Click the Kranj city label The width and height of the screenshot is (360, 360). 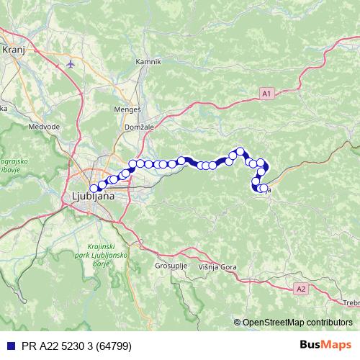coord(14,50)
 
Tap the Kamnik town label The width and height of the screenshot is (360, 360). coord(148,62)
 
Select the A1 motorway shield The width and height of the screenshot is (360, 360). coord(267,93)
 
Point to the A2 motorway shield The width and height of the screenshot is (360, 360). coord(301,288)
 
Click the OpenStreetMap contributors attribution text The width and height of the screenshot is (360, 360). coord(297,323)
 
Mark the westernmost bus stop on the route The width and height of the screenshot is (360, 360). coord(94,189)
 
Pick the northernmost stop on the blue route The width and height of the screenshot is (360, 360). coord(240,151)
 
